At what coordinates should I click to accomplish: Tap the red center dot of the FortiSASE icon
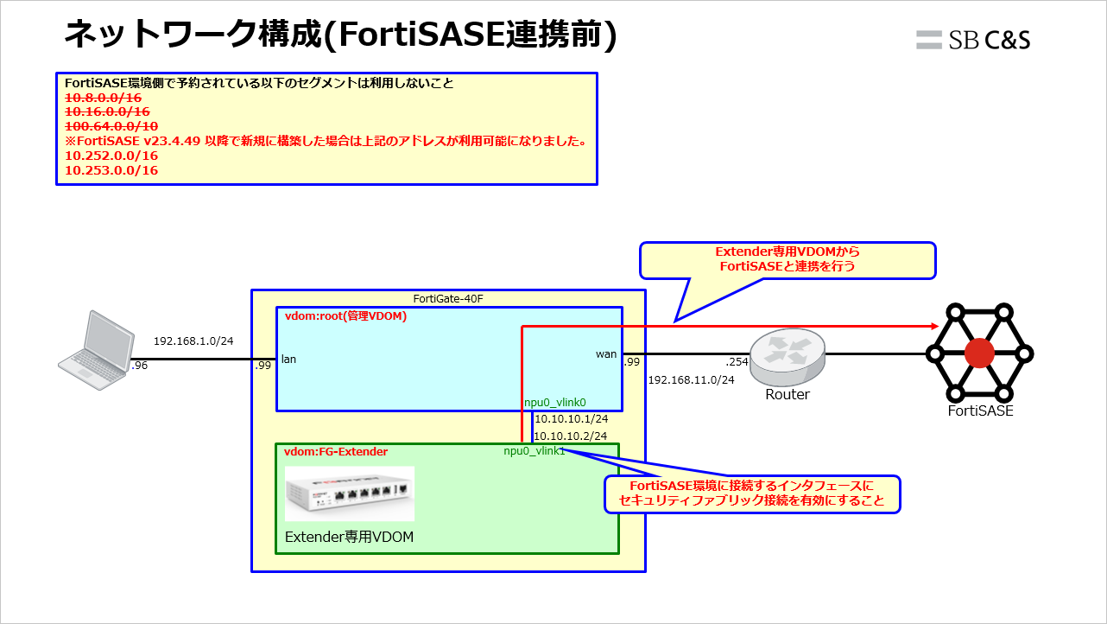[x=979, y=353]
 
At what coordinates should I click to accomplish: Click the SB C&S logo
[x=973, y=40]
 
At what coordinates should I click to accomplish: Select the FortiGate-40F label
[x=447, y=299]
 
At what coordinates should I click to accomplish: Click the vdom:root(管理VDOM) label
[x=345, y=316]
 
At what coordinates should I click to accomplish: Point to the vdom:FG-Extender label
[x=336, y=452]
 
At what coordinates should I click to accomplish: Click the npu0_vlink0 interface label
[x=555, y=402]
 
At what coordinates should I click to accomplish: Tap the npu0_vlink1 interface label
[x=535, y=451]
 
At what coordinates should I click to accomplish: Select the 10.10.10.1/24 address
[x=571, y=419]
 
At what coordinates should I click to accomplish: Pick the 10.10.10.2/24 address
[x=571, y=436]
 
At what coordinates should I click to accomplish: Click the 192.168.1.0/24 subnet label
[x=193, y=341]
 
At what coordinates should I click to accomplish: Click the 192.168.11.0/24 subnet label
[x=691, y=379]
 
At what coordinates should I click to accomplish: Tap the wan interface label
[x=606, y=353]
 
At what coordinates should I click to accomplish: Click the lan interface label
[x=289, y=359]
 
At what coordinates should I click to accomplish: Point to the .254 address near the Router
[x=737, y=362]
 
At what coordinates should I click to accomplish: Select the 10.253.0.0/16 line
[x=111, y=170]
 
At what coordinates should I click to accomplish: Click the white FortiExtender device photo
[x=350, y=494]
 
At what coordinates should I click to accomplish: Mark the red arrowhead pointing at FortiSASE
[x=934, y=326]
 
